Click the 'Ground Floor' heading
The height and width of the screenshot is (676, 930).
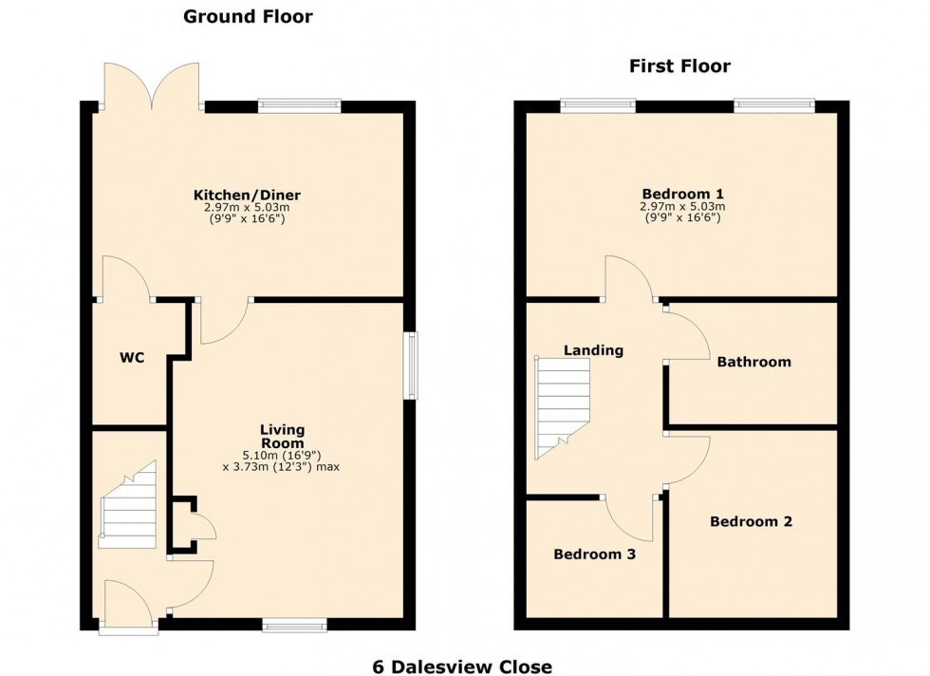point(247,16)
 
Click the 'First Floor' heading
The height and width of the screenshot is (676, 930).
point(679,66)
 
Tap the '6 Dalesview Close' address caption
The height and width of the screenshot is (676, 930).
point(462,667)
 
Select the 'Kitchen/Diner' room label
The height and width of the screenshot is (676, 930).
point(246,196)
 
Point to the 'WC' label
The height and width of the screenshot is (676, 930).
point(132,359)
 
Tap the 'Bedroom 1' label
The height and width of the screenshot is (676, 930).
point(682,194)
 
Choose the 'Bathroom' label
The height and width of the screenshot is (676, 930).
point(753,362)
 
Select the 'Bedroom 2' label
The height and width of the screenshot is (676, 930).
point(751,521)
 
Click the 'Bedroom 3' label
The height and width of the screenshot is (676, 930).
point(595,554)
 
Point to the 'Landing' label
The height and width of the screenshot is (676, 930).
point(593,350)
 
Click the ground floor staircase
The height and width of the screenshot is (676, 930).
point(128,508)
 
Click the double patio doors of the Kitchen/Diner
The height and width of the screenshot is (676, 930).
point(152,85)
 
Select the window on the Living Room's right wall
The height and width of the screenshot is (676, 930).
point(410,366)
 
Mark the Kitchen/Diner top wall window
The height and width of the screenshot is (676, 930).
point(299,105)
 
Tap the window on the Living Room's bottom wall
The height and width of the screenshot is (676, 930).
point(295,624)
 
